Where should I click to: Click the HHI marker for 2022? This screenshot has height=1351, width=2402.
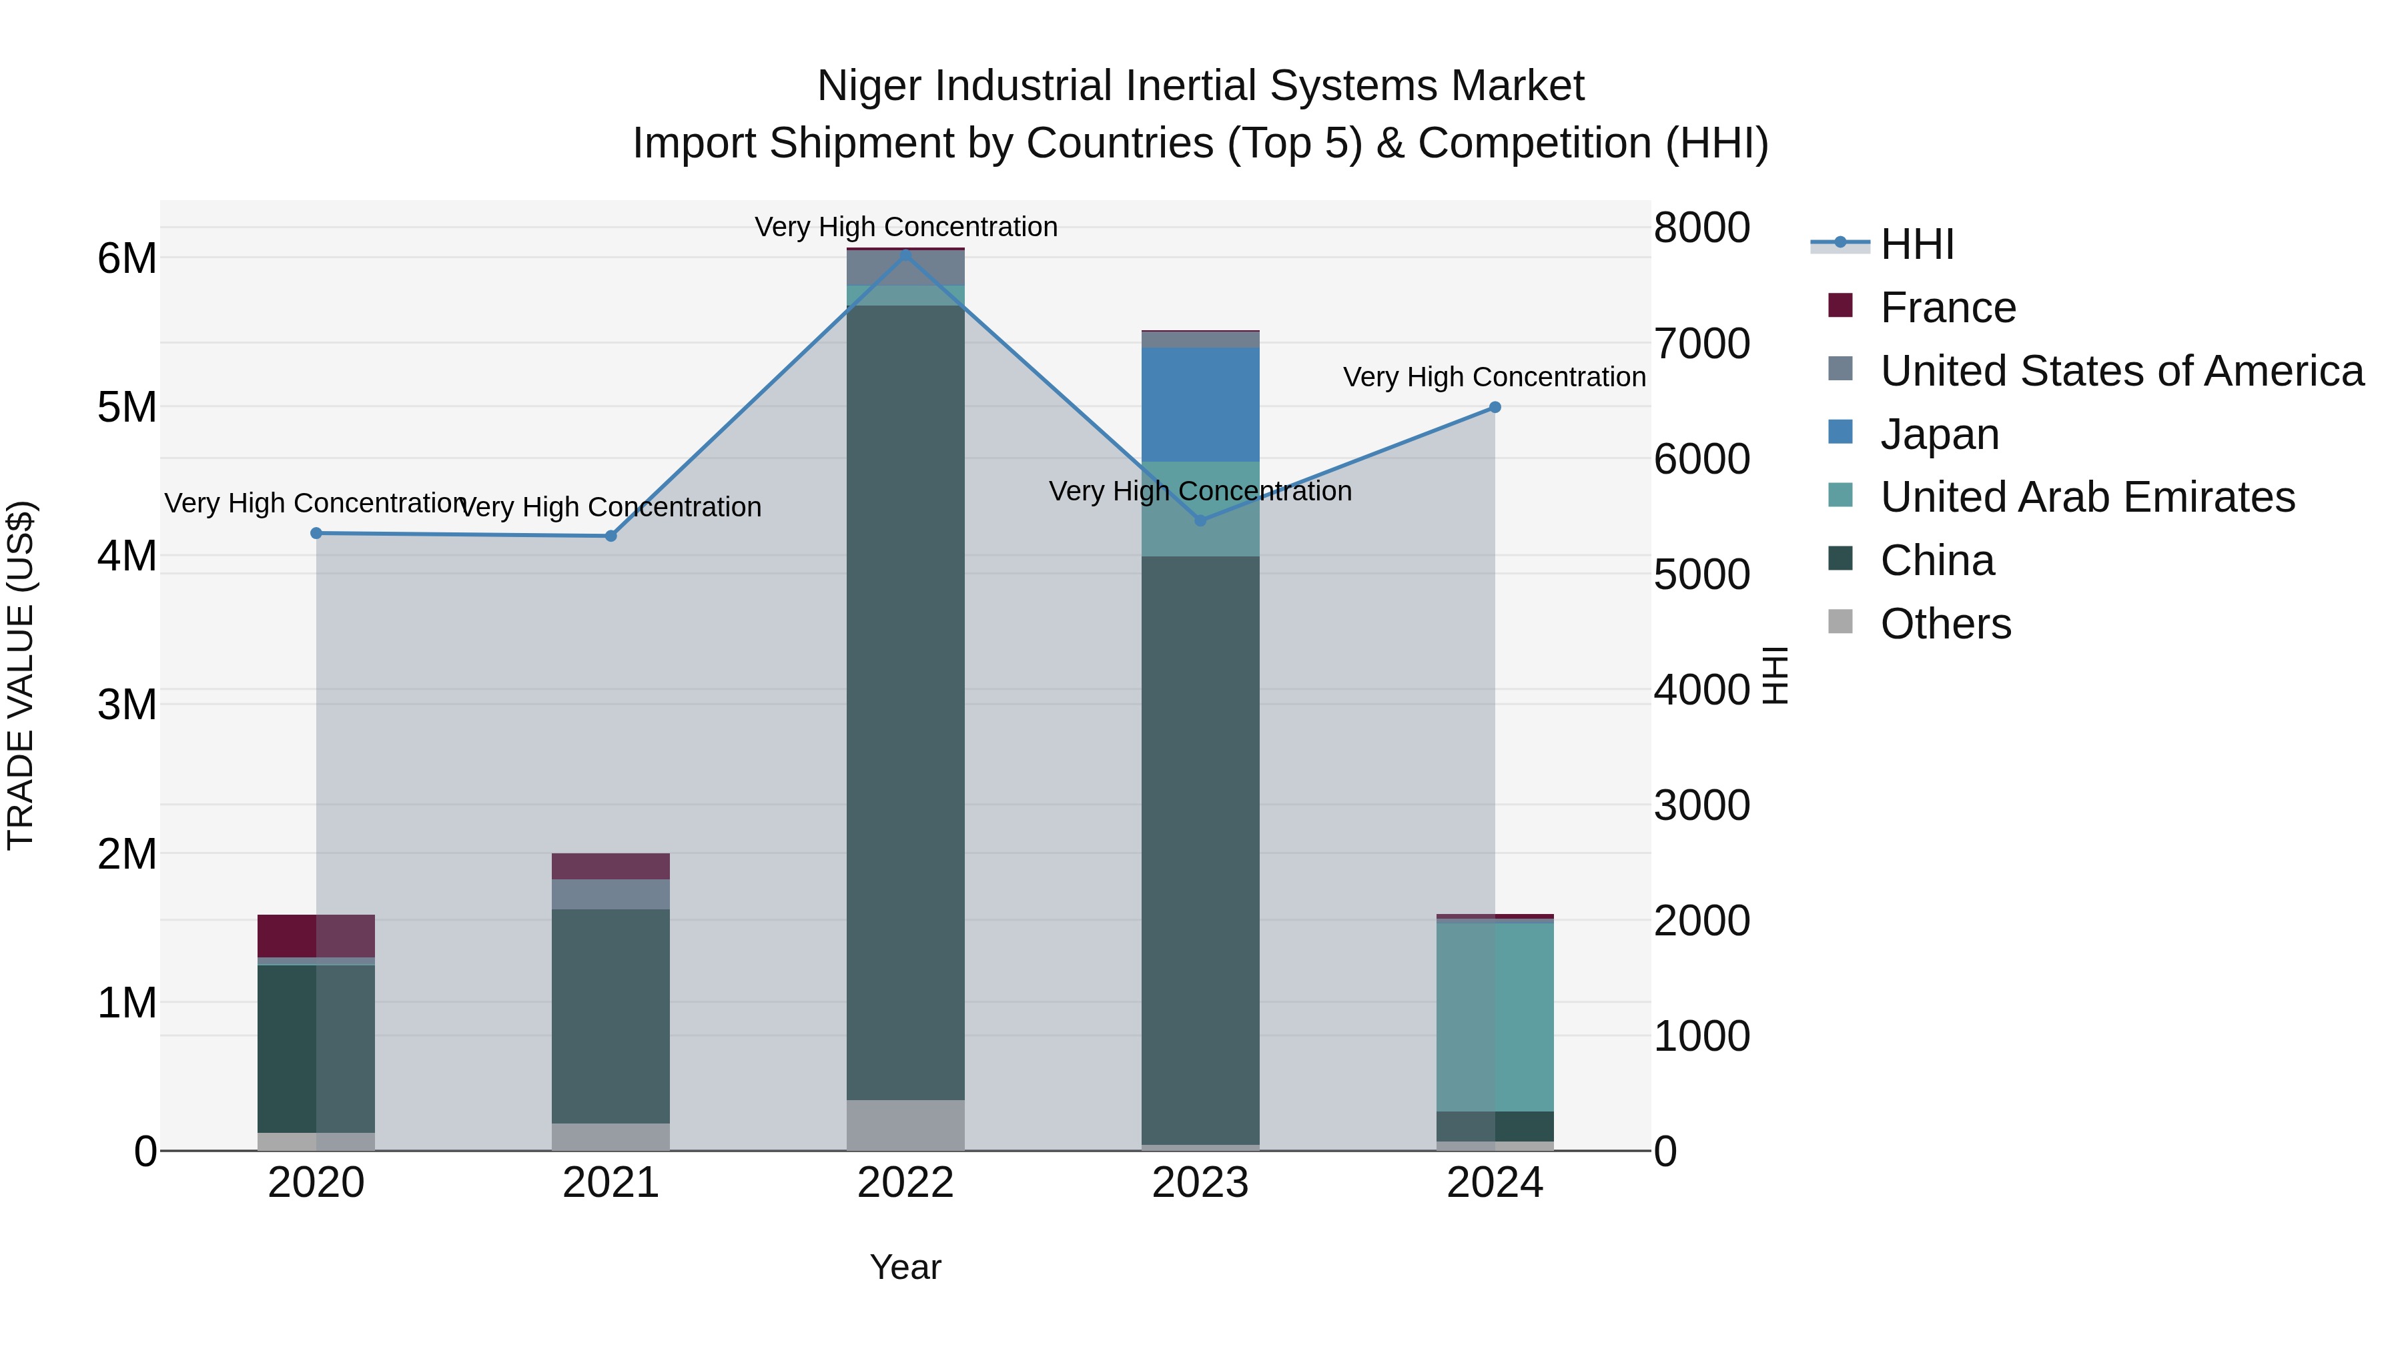(x=905, y=254)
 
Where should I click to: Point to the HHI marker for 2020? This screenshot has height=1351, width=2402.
(x=316, y=533)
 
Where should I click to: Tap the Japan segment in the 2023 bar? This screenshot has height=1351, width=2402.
(x=1200, y=405)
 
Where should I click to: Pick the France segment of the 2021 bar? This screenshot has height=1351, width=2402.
(x=611, y=866)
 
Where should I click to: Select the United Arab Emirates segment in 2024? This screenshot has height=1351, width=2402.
(x=1495, y=1016)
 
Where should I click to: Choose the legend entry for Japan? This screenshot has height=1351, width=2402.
(x=1940, y=434)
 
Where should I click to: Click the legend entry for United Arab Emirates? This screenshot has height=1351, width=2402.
(x=2087, y=497)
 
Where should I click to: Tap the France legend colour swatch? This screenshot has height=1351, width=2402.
(x=1841, y=306)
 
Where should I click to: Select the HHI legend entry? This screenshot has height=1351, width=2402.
(x=1916, y=244)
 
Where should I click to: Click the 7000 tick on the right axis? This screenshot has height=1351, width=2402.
(x=1701, y=344)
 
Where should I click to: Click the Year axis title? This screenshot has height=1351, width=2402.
(x=905, y=1267)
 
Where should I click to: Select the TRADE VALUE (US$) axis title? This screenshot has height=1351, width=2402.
(x=21, y=676)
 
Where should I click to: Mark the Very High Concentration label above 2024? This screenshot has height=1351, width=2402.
(x=1494, y=377)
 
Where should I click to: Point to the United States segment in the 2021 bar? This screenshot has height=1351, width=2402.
(x=611, y=894)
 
